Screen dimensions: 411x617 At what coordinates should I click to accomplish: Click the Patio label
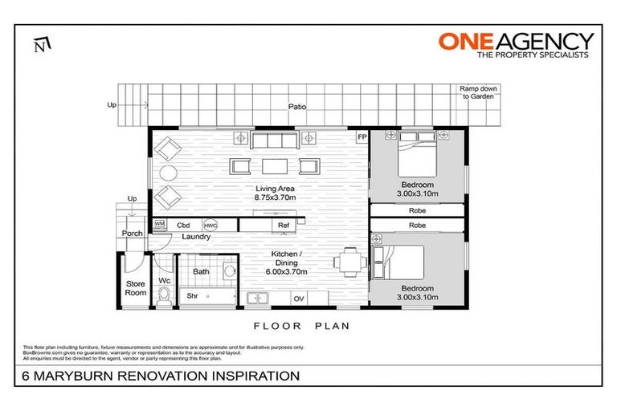tap(298, 106)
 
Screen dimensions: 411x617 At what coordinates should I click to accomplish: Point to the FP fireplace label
tap(362, 137)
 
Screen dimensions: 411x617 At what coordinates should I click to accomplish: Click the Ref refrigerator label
tap(283, 226)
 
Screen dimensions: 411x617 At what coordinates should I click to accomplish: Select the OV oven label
tap(298, 299)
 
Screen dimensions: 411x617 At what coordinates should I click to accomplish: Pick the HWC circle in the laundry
tap(210, 226)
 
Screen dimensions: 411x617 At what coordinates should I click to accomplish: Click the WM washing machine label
tap(159, 224)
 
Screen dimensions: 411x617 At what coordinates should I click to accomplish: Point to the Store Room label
tap(135, 287)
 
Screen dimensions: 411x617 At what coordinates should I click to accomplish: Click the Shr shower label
tap(192, 295)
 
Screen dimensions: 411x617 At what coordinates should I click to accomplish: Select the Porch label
tap(132, 234)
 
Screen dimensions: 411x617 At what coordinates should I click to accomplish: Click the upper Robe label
tap(417, 210)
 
